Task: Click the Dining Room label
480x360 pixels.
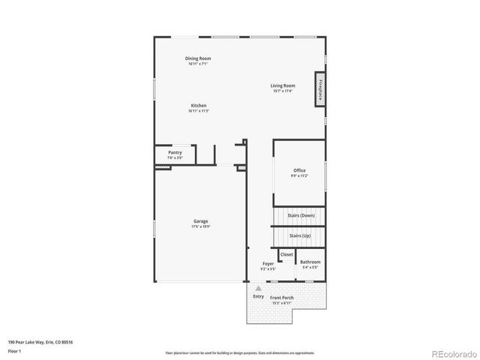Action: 198,58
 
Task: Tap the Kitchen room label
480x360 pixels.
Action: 198,106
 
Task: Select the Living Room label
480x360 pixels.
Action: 283,85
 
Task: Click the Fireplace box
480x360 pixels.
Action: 321,89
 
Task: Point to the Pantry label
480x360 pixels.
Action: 175,152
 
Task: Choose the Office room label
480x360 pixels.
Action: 299,170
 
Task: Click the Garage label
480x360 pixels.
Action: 200,221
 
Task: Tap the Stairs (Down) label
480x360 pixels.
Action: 301,215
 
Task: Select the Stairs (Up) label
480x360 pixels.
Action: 301,235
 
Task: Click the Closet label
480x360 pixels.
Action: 286,254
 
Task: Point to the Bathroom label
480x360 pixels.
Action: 310,262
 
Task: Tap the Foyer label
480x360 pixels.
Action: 268,263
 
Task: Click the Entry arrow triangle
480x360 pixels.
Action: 259,287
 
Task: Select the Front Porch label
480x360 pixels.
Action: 283,298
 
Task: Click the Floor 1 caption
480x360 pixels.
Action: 15,350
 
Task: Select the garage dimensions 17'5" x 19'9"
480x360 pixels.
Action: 200,226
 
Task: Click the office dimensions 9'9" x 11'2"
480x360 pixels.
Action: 299,175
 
